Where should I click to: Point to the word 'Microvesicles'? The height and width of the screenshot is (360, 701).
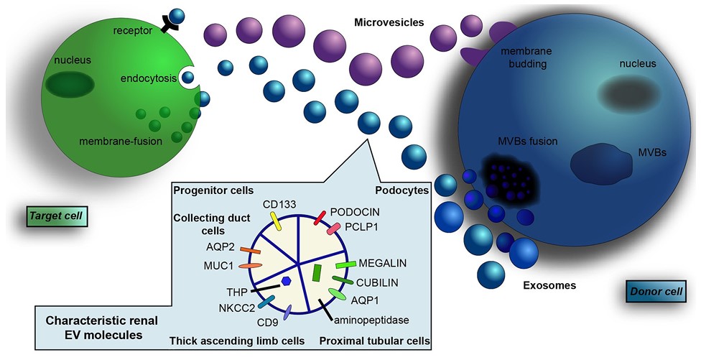(x=389, y=23)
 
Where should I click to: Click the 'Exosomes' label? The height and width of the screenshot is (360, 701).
(x=551, y=285)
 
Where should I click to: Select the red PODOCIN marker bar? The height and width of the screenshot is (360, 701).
(x=320, y=217)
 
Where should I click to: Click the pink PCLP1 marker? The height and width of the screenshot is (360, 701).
(x=333, y=230)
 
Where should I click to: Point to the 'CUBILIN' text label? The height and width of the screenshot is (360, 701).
(x=378, y=282)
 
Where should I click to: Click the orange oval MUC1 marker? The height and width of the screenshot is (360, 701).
(x=249, y=266)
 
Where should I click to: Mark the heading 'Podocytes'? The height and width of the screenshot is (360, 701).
(x=402, y=190)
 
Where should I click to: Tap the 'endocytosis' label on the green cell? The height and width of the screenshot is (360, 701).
(x=149, y=79)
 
